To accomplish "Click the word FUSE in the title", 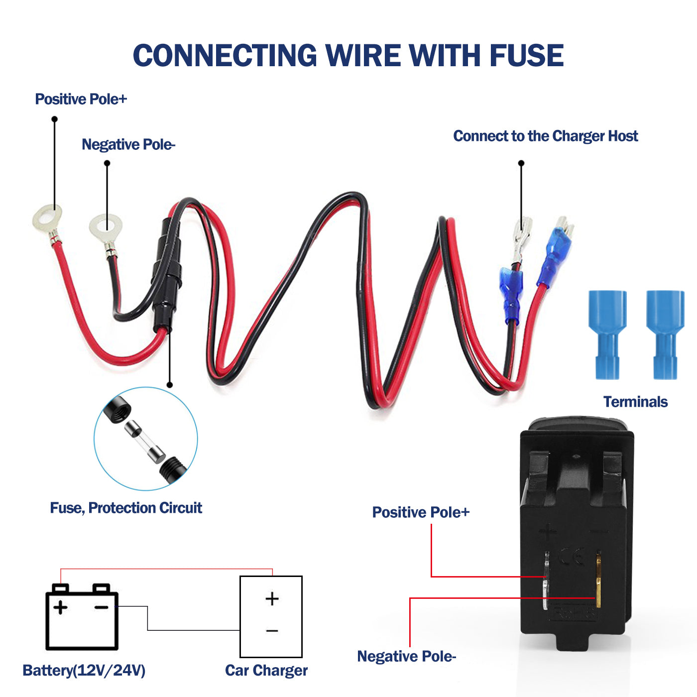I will point(526,55).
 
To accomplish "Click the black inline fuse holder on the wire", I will point(165,279).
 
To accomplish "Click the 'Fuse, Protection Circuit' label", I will point(126,508).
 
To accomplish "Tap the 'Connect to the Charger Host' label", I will point(545,136).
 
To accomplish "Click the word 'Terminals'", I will point(635,402).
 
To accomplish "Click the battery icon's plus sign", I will point(60,607).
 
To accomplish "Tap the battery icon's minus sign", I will point(102,607).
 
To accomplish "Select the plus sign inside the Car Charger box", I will point(272,598).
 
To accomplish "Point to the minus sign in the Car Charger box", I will point(272,631).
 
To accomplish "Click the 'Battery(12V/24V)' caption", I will point(84,671).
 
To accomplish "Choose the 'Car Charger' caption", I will point(266,671).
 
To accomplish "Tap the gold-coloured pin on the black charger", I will point(598,580).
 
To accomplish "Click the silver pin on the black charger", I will point(546,580).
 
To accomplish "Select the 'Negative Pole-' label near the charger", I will point(406,656).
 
